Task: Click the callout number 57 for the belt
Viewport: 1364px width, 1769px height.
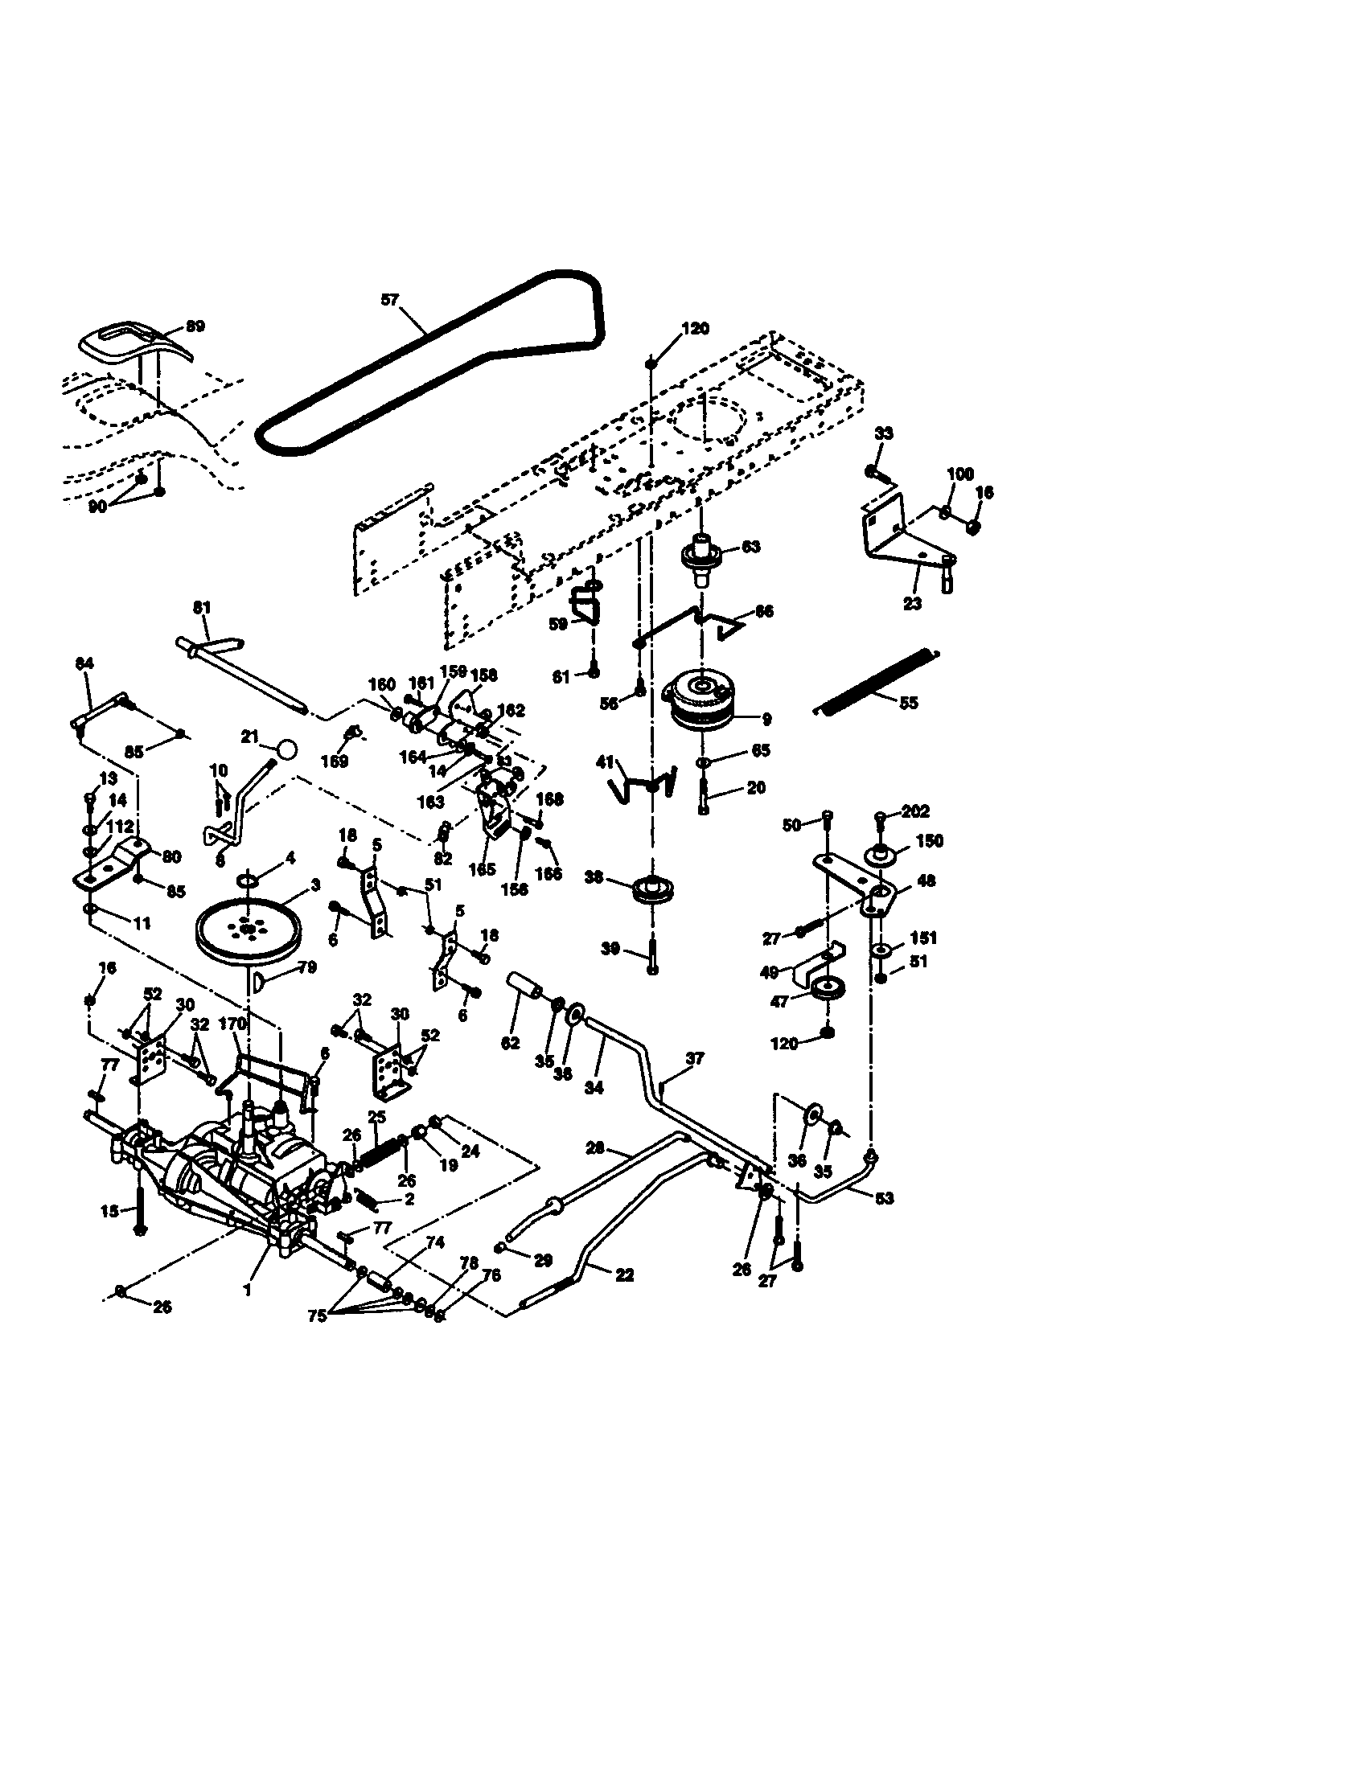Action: coord(389,300)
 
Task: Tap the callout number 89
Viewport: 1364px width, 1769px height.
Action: coord(195,326)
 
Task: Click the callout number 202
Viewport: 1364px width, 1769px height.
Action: coord(915,811)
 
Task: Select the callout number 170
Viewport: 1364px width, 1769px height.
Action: coord(232,1024)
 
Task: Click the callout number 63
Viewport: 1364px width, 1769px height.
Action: coord(751,547)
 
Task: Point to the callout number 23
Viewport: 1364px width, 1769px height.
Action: coord(912,603)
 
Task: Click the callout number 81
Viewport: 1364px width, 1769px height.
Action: coord(202,607)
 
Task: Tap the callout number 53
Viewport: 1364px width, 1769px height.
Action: coord(885,1197)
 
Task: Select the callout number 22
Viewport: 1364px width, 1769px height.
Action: coord(624,1274)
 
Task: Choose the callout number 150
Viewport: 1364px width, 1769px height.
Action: coord(929,841)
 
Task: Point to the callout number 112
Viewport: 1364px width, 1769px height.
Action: coord(120,826)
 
